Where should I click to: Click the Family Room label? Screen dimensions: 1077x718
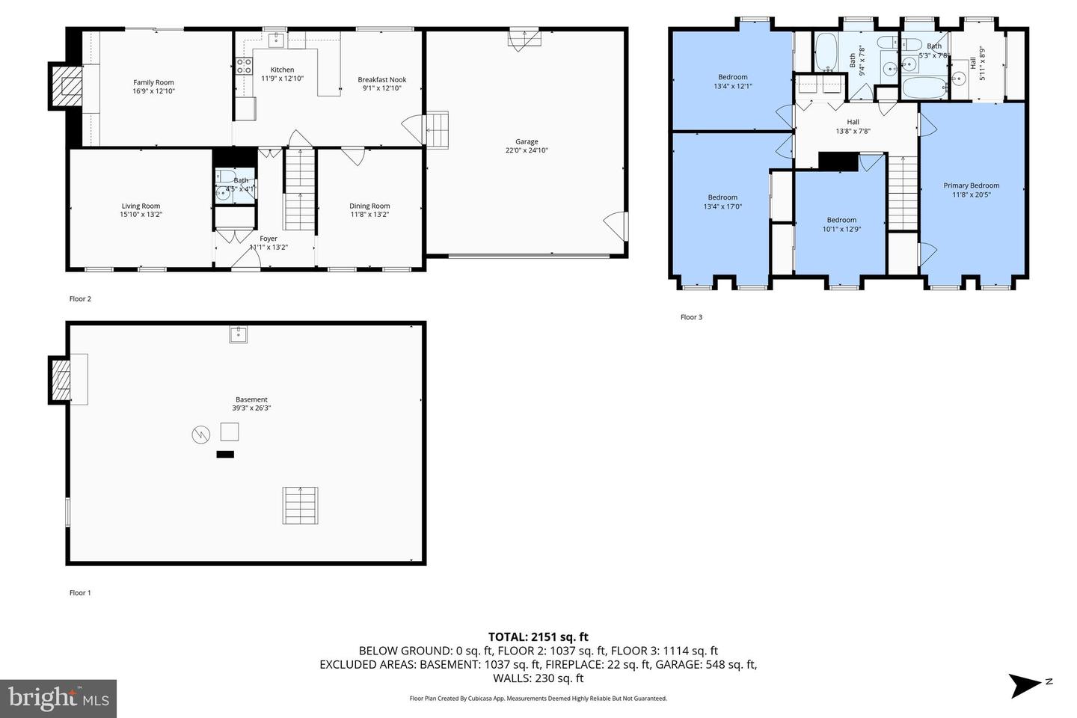pyautogui.click(x=153, y=82)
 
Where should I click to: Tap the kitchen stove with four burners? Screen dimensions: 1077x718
pyautogui.click(x=244, y=66)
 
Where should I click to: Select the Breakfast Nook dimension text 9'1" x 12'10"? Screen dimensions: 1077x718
pyautogui.click(x=381, y=88)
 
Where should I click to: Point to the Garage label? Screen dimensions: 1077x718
pyautogui.click(x=527, y=141)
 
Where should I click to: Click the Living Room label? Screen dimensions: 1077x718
pyautogui.click(x=141, y=206)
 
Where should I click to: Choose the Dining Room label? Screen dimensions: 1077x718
pyautogui.click(x=369, y=206)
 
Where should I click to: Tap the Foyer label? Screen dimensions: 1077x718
pyautogui.click(x=269, y=239)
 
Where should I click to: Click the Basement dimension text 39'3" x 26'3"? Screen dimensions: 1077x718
pyautogui.click(x=251, y=408)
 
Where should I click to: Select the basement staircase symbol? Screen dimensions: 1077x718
pyautogui.click(x=300, y=506)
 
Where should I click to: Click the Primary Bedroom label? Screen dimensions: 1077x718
pyautogui.click(x=972, y=185)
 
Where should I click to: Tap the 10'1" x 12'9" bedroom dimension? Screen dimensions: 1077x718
pyautogui.click(x=841, y=229)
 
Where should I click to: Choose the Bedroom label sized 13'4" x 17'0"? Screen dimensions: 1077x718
pyautogui.click(x=722, y=197)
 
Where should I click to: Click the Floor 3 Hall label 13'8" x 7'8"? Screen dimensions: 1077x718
pyautogui.click(x=853, y=126)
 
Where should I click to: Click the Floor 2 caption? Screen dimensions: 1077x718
pyautogui.click(x=80, y=298)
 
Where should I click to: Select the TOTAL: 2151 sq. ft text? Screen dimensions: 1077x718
pyautogui.click(x=538, y=636)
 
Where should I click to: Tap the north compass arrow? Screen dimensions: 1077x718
pyautogui.click(x=1025, y=685)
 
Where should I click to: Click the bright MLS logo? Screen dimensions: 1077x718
pyautogui.click(x=58, y=699)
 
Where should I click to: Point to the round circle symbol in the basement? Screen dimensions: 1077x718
pyautogui.click(x=200, y=435)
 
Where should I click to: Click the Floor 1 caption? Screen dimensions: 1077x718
pyautogui.click(x=80, y=592)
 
